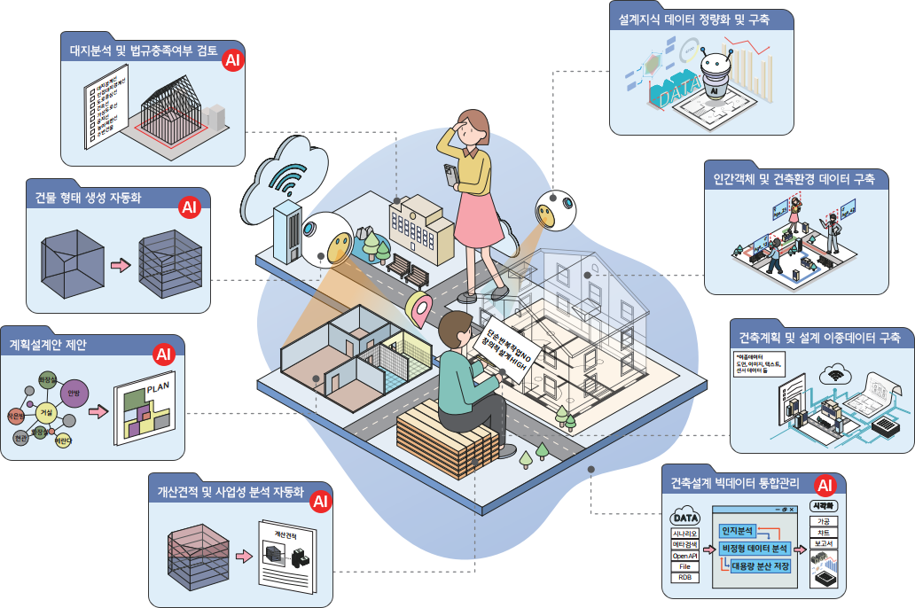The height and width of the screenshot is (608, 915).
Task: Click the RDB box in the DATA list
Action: point(684,577)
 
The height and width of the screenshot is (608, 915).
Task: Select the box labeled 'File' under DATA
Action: point(684,565)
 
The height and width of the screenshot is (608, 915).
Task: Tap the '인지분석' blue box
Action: point(737,531)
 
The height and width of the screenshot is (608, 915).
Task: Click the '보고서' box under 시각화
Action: point(823,542)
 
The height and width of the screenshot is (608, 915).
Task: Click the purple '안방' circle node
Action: point(74,394)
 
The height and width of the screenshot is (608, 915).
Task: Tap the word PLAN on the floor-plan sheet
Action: point(157,387)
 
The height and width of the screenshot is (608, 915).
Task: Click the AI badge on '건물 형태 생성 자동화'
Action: point(189,207)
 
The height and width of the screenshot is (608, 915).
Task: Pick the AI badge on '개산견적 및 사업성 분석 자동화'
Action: point(319,502)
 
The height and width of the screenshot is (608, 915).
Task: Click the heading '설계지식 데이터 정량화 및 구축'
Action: point(695,18)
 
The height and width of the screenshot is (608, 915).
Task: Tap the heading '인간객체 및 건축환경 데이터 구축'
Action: point(794,179)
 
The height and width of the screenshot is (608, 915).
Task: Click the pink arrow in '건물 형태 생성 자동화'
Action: point(119,264)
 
